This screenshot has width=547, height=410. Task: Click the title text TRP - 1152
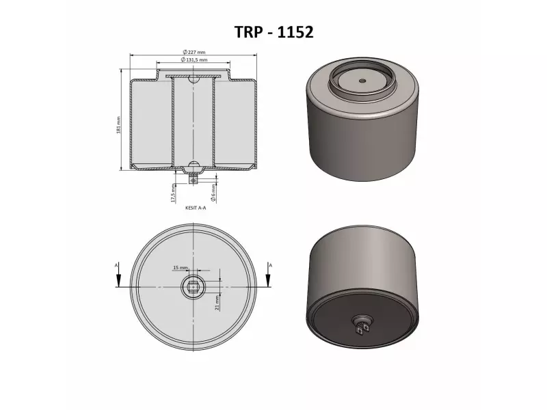click(x=273, y=32)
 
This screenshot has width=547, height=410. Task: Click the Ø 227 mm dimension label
click(x=195, y=52)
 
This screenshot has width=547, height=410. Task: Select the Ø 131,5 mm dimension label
click(x=194, y=60)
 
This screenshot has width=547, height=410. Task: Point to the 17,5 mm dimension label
click(x=174, y=194)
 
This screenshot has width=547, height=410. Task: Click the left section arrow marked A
click(x=118, y=277)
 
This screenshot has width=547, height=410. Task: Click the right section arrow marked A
click(x=268, y=277)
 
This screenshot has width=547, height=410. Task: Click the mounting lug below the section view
click(x=194, y=179)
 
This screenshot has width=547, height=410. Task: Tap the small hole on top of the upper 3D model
click(x=361, y=80)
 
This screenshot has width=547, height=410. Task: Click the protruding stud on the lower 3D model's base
click(x=362, y=325)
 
